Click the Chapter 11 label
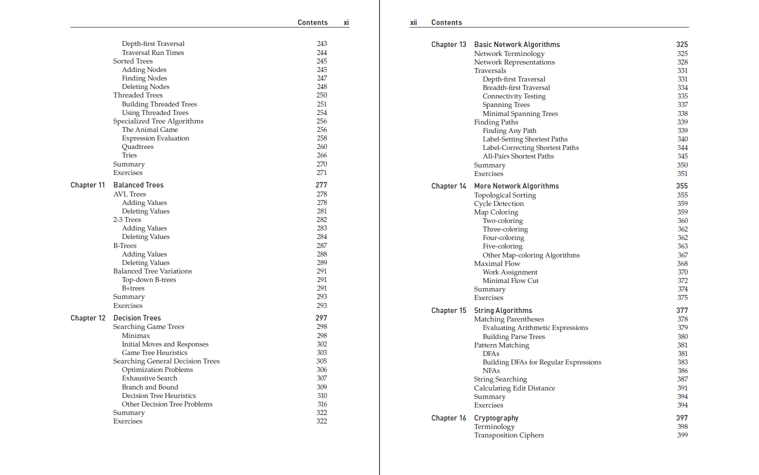(x=87, y=185)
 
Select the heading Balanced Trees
(x=138, y=185)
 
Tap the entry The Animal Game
(x=149, y=129)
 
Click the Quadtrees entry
(x=137, y=146)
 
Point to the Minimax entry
(x=135, y=335)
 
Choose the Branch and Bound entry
(x=149, y=387)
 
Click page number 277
(x=321, y=185)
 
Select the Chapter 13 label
(x=448, y=44)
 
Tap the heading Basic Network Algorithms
(x=516, y=44)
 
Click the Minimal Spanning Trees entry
(x=520, y=113)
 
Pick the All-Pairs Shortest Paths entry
(x=518, y=156)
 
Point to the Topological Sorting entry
(x=504, y=195)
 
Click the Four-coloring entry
(x=503, y=237)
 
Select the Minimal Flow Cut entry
(x=510, y=280)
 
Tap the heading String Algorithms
(x=502, y=310)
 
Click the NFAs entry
(x=491, y=370)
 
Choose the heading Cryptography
(x=496, y=418)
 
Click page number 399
(x=682, y=435)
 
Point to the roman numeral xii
(x=413, y=22)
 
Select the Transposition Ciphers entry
(x=508, y=435)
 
